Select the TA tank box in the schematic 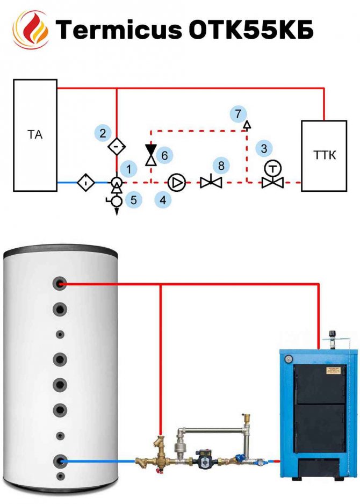(x=35, y=135)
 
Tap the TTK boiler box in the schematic (x=324, y=155)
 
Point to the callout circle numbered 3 (x=263, y=148)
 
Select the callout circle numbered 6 (x=164, y=155)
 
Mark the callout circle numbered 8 (x=220, y=165)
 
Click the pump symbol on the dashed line (x=176, y=183)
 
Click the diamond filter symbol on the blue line (x=87, y=183)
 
